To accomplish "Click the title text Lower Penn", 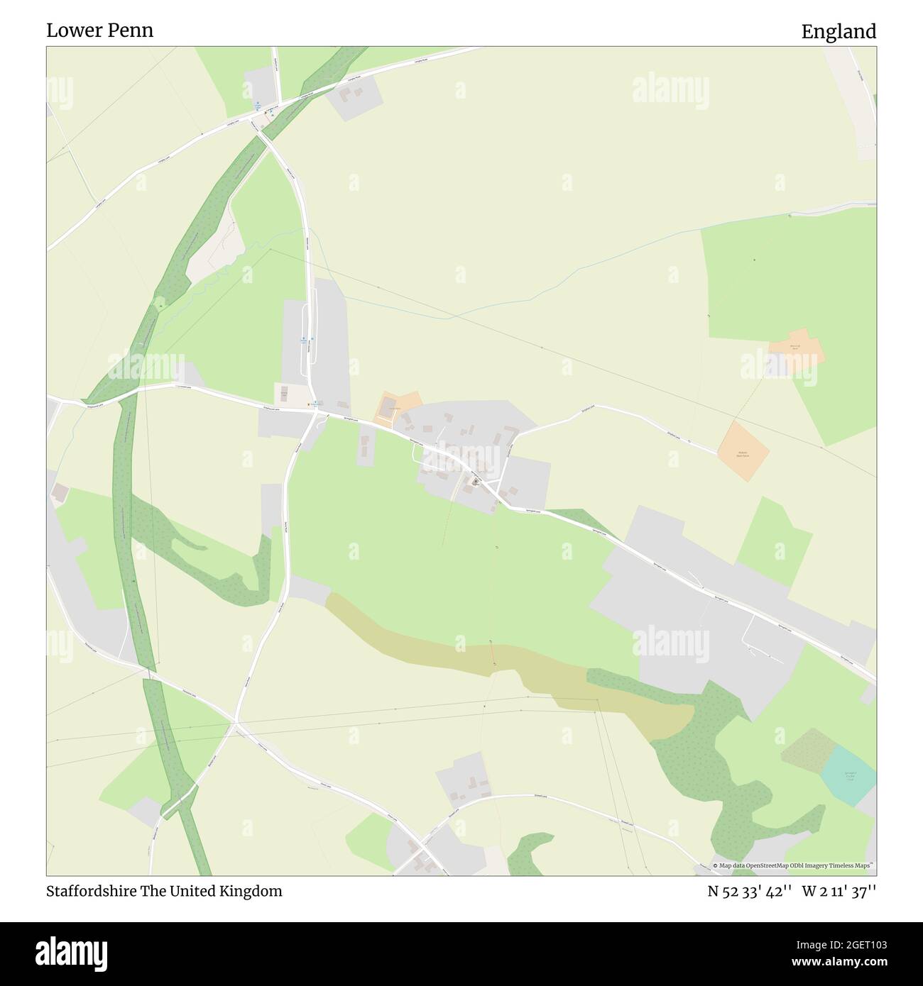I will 99,31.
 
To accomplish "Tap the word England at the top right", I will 839,32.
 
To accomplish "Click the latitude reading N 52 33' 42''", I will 748,892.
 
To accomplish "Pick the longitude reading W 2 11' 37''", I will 839,892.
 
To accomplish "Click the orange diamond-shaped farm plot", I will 743,451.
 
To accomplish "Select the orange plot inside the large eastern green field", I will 797,350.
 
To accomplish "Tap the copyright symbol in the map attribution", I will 716,865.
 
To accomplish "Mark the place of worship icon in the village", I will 475,482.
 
